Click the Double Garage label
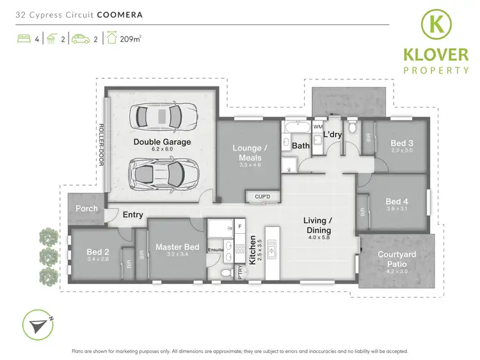click(x=161, y=141)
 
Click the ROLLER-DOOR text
click(x=101, y=145)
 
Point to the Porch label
click(x=87, y=208)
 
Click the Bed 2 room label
click(x=98, y=252)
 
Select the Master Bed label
click(x=177, y=247)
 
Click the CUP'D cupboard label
click(x=262, y=197)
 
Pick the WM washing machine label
click(x=317, y=127)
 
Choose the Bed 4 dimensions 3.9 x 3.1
click(x=397, y=208)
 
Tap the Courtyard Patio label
click(x=397, y=259)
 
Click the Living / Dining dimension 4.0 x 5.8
click(x=317, y=238)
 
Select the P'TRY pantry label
click(x=241, y=272)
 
